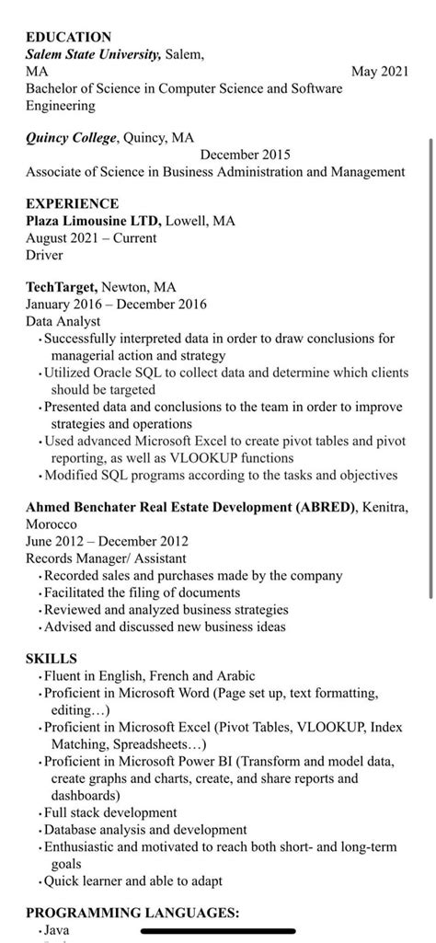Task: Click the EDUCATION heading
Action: pyautogui.click(x=68, y=37)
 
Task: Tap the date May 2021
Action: pyautogui.click(x=380, y=71)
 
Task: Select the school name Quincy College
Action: pyautogui.click(x=71, y=138)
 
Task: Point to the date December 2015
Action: pyautogui.click(x=245, y=155)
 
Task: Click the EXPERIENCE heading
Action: pyautogui.click(x=72, y=203)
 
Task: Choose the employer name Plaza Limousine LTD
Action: pyautogui.click(x=94, y=221)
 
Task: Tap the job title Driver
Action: pyautogui.click(x=44, y=255)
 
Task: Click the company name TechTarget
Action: pyautogui.click(x=61, y=287)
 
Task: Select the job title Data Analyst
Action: pyautogui.click(x=63, y=321)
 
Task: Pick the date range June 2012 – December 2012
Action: pyautogui.click(x=107, y=541)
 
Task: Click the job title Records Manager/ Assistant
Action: pyautogui.click(x=106, y=558)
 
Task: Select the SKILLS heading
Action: pyautogui.click(x=52, y=659)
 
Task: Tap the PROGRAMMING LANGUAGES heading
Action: pyautogui.click(x=132, y=913)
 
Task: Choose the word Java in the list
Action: pyautogui.click(x=57, y=930)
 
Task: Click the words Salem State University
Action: pyautogui.click(x=93, y=54)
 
